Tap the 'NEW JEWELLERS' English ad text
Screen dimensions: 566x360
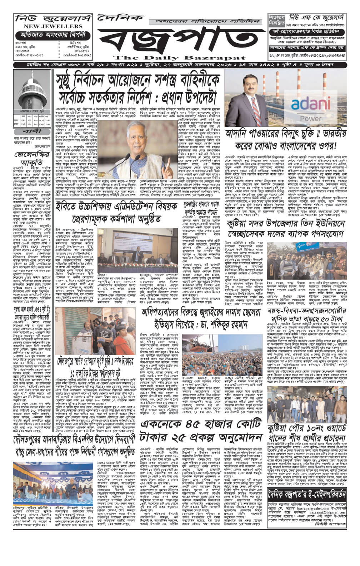tap(49, 26)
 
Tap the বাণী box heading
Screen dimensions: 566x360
tap(32, 131)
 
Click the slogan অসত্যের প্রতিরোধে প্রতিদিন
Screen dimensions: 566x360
tap(206, 21)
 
